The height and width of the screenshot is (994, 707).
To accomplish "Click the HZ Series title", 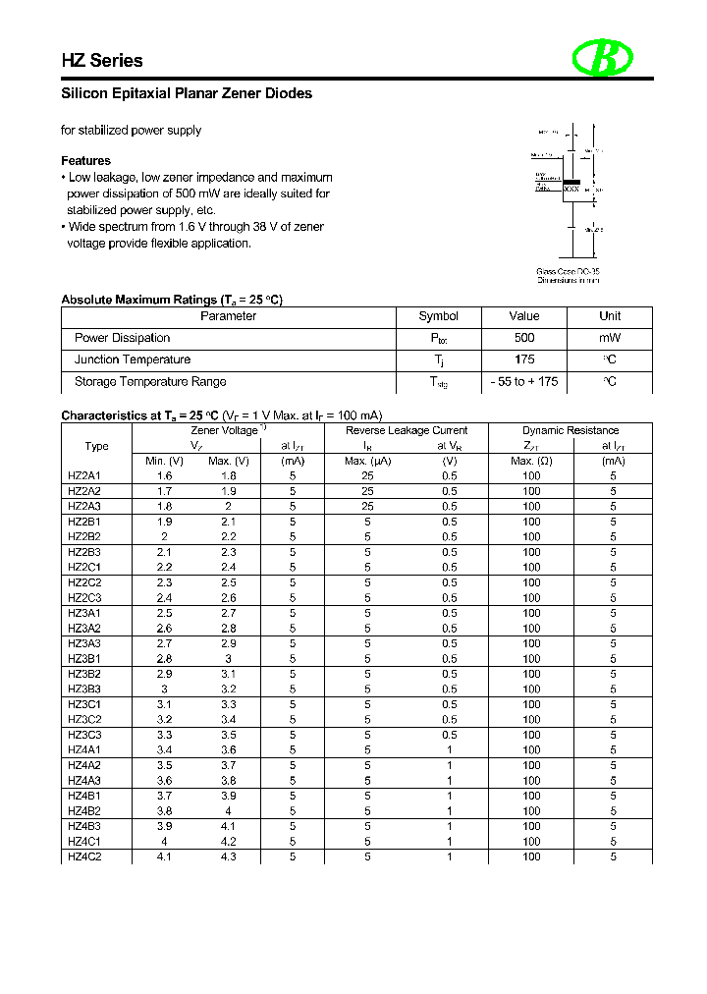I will click(102, 61).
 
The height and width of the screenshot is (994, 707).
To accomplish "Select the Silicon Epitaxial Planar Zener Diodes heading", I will click(187, 94).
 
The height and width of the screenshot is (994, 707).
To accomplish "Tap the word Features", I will click(86, 161).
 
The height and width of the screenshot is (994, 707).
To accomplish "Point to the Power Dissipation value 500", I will click(524, 338).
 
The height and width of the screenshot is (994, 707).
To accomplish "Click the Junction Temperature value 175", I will click(524, 359).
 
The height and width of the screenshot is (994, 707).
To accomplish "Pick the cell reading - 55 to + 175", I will click(524, 382).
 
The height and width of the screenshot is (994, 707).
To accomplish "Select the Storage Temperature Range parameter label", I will click(150, 382).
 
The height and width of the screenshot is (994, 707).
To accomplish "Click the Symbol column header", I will click(439, 316).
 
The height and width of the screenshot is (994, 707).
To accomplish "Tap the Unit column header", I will click(610, 316).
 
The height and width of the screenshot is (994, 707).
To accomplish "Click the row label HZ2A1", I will click(84, 476).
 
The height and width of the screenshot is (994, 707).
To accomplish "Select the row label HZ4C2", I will click(84, 856).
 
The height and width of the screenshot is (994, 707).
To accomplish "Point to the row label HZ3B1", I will click(84, 659).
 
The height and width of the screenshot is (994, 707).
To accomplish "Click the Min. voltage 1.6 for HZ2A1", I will click(164, 476).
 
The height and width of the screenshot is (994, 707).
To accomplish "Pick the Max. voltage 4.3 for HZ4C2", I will click(228, 856).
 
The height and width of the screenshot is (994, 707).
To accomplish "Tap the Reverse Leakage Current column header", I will click(407, 430).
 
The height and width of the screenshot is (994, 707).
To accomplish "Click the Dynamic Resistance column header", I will click(571, 430).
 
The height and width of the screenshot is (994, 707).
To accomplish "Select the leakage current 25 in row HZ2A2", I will click(367, 491).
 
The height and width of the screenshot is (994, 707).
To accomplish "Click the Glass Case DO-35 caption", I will click(569, 271).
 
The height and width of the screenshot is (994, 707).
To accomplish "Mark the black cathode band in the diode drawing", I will click(572, 181).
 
